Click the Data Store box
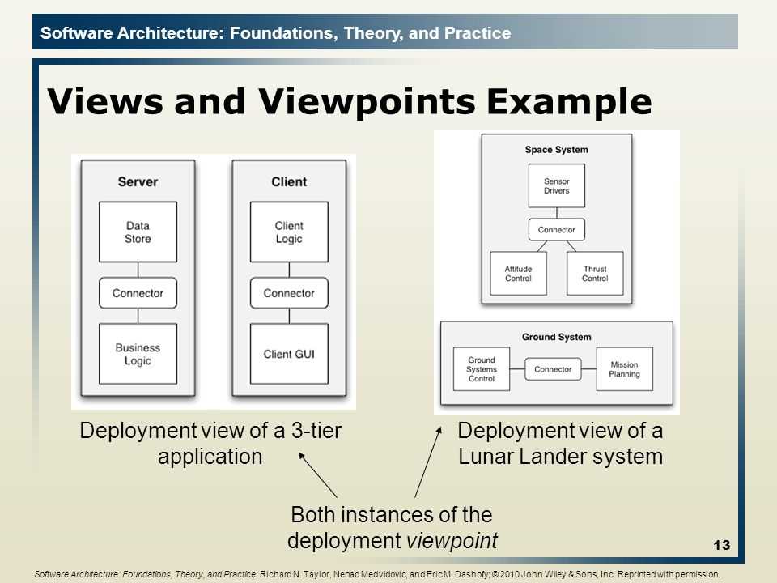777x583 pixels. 138,232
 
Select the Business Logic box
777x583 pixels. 138,355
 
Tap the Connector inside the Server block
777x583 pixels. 138,293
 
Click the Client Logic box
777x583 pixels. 289,232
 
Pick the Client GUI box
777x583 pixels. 289,355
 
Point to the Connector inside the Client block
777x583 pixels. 289,293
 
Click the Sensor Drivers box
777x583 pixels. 557,185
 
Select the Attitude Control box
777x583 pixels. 518,274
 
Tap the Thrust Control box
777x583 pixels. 594,274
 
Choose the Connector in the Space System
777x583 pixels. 557,230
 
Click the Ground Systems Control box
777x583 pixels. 482,369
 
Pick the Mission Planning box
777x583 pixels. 624,369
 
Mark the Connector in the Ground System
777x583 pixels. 553,369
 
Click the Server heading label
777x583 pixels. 138,181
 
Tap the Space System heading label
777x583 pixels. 557,150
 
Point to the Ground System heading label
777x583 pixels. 557,337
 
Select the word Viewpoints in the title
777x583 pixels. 342,102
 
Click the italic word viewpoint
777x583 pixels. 454,540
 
